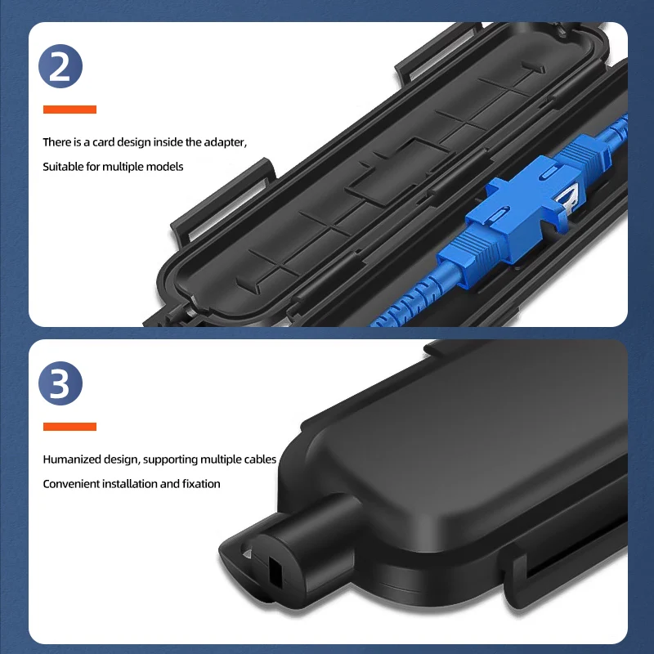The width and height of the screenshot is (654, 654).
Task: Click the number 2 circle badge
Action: (x=60, y=68)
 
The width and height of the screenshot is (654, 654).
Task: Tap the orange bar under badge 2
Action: (x=69, y=110)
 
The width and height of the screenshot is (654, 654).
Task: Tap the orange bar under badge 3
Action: (x=69, y=427)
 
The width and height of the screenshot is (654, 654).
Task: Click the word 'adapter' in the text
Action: (x=226, y=142)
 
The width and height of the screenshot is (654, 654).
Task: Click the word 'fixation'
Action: (x=200, y=484)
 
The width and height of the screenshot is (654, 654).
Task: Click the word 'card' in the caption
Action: (x=104, y=142)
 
